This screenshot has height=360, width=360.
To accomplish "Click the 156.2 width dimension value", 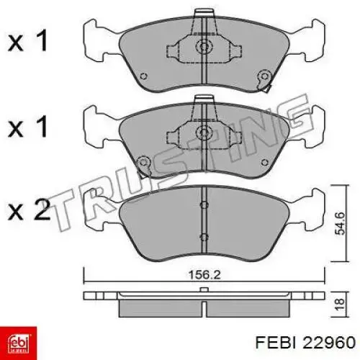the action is (204, 275).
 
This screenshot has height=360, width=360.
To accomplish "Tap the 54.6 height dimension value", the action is (341, 223).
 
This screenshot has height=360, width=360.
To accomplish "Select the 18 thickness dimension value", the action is (341, 305).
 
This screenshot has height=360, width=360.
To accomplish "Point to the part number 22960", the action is (329, 343).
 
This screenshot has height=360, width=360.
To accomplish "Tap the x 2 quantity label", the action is (29, 210).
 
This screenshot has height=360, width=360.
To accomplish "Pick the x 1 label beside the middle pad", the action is (27, 127).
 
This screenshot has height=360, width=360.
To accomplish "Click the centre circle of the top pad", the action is (204, 46).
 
